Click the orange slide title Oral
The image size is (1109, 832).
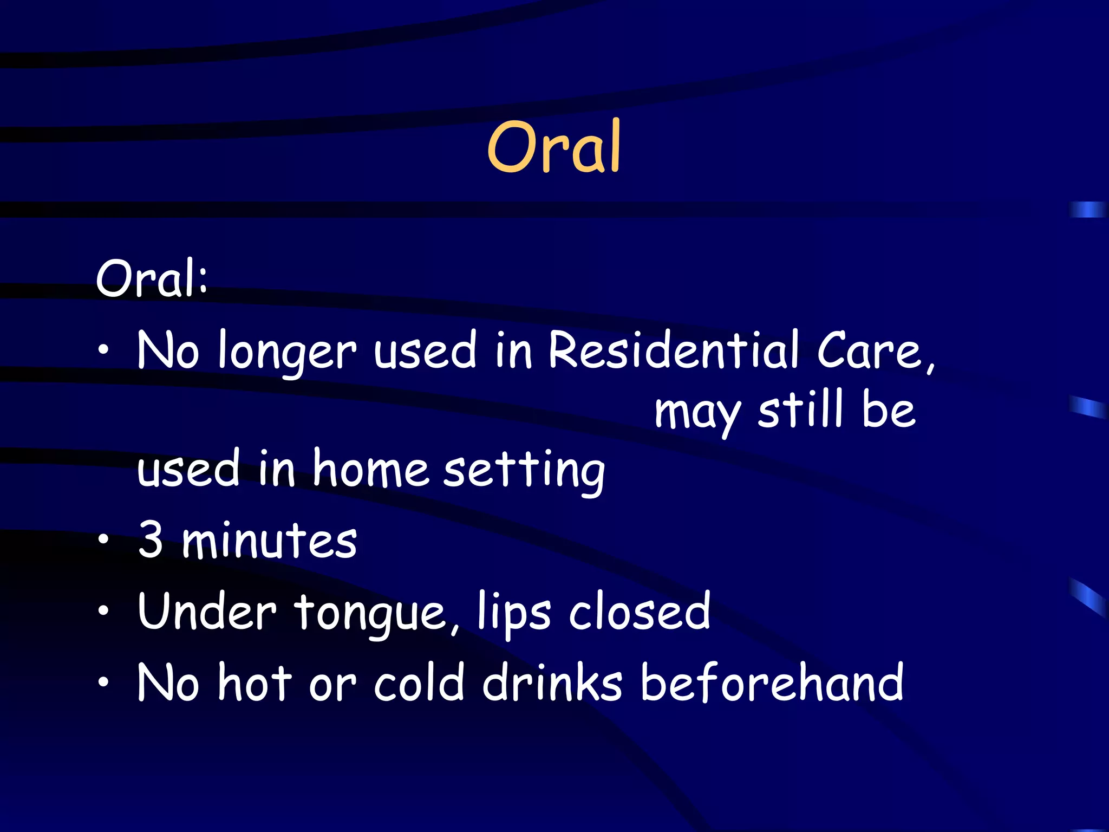553,147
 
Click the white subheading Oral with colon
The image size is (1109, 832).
152,278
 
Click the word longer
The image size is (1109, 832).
287,352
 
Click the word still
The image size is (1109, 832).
800,409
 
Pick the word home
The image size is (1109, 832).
370,469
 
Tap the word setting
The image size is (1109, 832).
524,470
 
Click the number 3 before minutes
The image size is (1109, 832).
151,539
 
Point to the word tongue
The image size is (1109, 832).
376,614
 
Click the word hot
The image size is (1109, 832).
255,682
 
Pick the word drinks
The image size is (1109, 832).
552,682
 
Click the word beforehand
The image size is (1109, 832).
772,682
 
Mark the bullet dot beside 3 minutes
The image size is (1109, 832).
103,539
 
